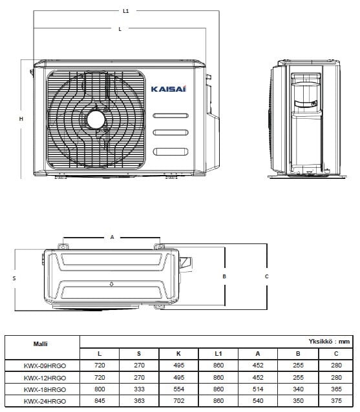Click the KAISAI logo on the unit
coord(169,89)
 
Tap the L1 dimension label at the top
coord(125,11)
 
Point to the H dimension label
coord(21,119)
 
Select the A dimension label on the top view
coord(112,237)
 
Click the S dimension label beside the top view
coord(14,278)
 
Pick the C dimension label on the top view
coord(267,276)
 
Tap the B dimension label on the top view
coord(224,276)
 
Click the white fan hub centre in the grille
coord(96,120)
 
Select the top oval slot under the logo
coord(171,116)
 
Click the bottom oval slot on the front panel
coord(171,152)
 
